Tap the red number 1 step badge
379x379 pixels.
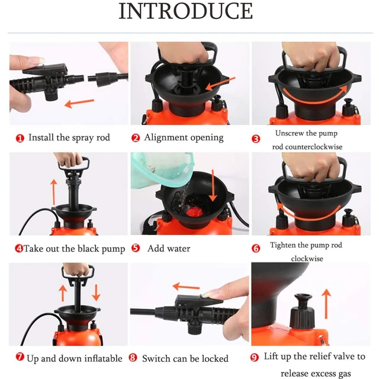tap(20, 138)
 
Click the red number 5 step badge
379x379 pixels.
tap(136, 248)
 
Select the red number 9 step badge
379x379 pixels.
tap(255, 357)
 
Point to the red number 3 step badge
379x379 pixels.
tap(256, 139)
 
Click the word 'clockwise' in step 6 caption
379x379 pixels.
tap(306, 259)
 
